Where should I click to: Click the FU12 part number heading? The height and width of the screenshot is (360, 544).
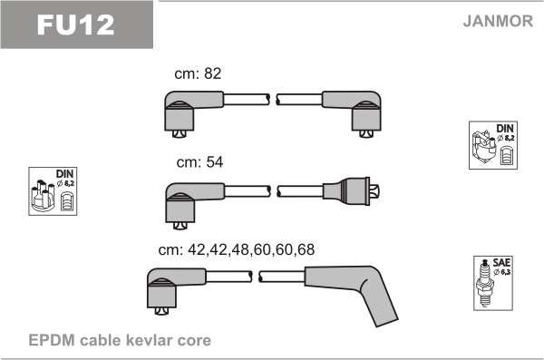(75, 24)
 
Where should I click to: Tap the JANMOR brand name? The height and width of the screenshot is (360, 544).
(498, 21)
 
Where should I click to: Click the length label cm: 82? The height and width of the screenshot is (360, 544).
(198, 73)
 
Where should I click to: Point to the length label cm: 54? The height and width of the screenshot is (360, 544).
(199, 162)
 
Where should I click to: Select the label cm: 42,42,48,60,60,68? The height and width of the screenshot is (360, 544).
(237, 249)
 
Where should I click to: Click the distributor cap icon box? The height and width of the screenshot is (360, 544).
(53, 191)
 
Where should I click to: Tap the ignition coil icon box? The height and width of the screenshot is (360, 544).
(493, 145)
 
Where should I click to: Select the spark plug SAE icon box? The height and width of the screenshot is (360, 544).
(493, 283)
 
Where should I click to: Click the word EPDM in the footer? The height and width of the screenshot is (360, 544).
(52, 340)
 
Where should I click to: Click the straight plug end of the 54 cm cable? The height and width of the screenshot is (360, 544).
(351, 191)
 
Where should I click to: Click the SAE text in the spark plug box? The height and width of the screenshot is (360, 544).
(501, 262)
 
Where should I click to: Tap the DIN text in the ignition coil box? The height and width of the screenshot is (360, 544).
(505, 129)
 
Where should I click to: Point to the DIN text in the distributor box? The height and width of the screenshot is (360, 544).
(65, 174)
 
